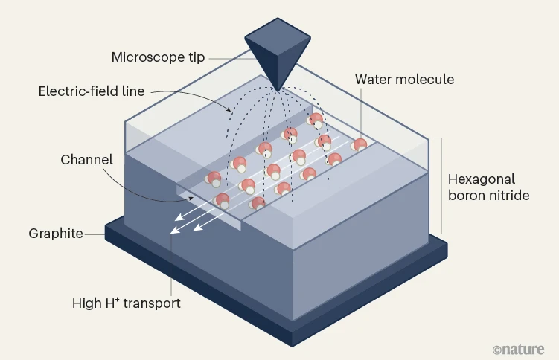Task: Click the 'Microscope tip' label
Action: [158, 57]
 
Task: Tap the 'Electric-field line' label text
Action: [92, 92]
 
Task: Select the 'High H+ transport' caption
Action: [126, 303]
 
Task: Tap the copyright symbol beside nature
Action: [497, 349]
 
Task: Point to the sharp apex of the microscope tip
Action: [278, 91]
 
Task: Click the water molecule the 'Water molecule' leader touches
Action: [360, 145]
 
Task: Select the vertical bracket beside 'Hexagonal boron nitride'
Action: [441, 186]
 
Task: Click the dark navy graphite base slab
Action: [357, 298]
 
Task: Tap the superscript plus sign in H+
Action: [118, 300]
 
